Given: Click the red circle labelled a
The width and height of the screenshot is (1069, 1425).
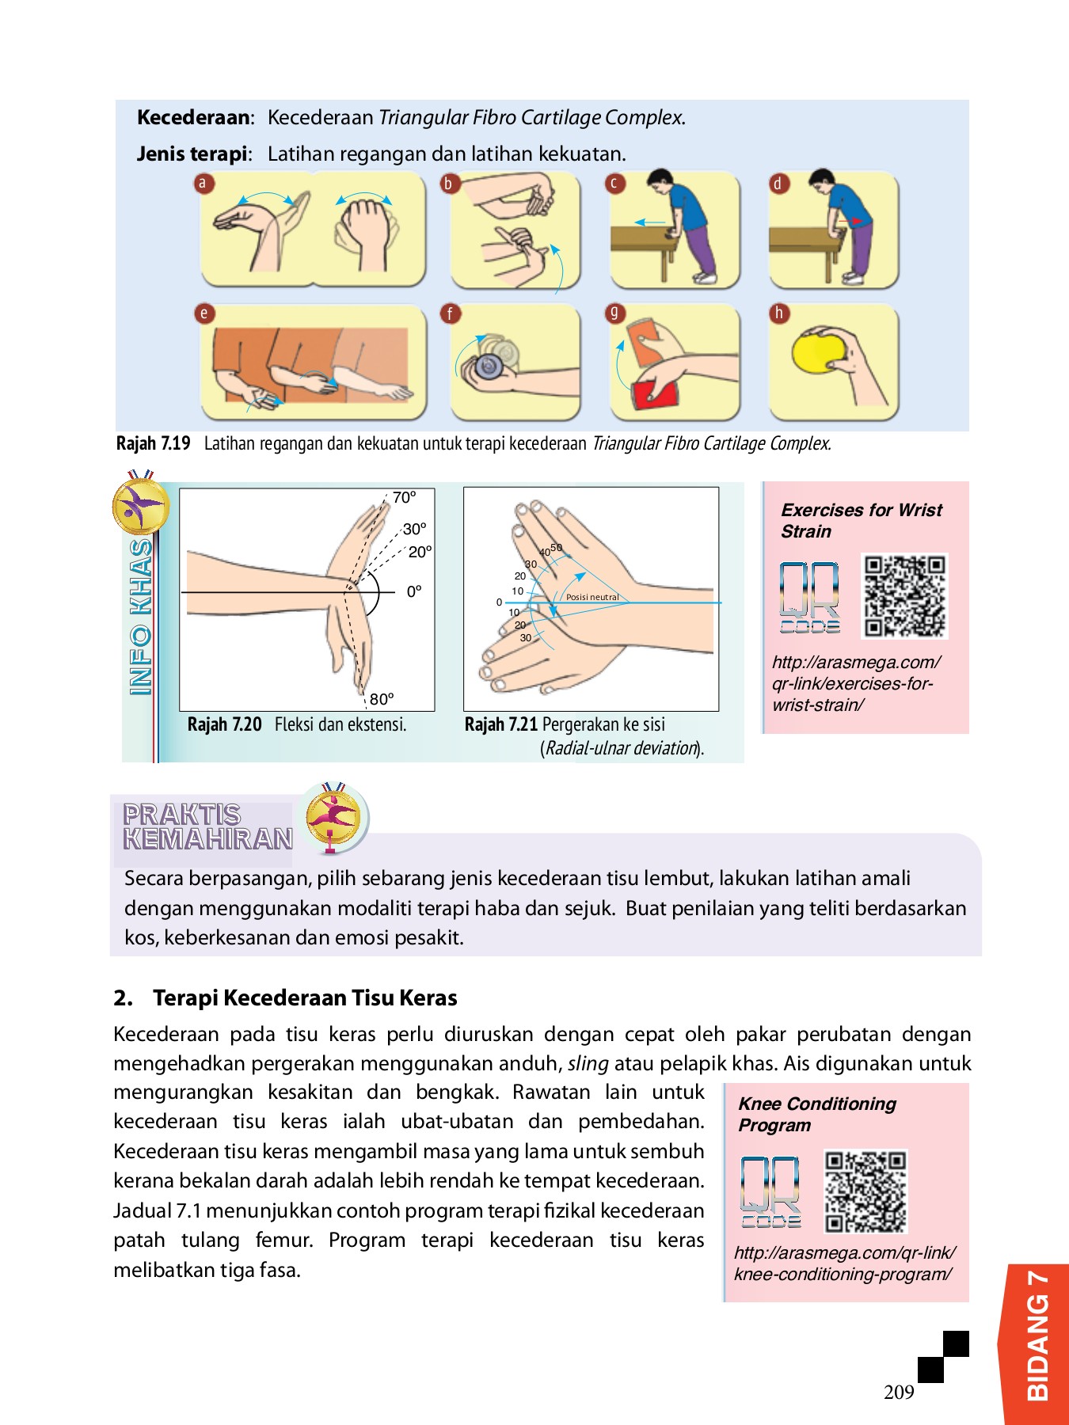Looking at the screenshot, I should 202,184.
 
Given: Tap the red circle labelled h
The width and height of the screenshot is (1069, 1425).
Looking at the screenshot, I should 778,313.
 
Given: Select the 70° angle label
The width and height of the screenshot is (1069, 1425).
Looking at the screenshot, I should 404,498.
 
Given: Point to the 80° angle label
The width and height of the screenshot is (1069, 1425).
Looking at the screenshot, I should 381,699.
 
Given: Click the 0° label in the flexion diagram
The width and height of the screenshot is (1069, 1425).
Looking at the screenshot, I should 414,591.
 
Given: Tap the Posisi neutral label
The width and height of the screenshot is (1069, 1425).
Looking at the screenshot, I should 592,597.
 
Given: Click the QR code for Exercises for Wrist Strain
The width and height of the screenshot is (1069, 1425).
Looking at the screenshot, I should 904,596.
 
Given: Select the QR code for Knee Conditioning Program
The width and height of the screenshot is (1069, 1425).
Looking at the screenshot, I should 865,1191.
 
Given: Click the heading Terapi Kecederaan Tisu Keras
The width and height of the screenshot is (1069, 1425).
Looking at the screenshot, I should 305,997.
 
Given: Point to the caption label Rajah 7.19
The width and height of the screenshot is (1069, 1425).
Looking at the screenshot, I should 154,443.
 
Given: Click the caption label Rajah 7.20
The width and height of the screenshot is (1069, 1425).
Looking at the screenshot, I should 224,724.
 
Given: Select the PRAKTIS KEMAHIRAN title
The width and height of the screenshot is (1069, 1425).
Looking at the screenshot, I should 207,826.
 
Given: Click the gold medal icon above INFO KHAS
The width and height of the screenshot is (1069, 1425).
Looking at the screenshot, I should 140,505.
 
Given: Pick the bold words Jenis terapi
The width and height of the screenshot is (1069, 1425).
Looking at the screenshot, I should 192,154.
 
